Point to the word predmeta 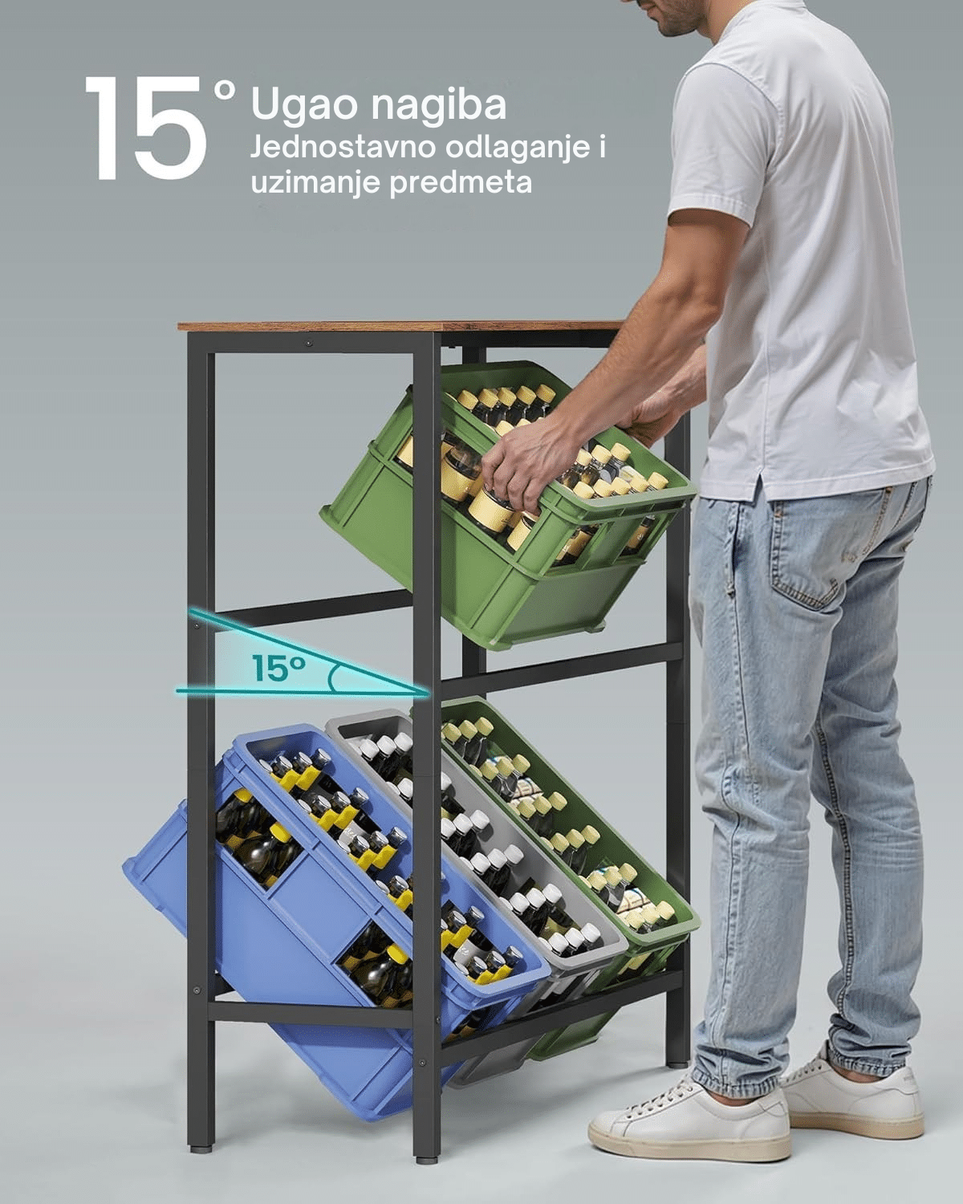pyautogui.click(x=461, y=182)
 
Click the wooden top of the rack pyautogui.click(x=400, y=325)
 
